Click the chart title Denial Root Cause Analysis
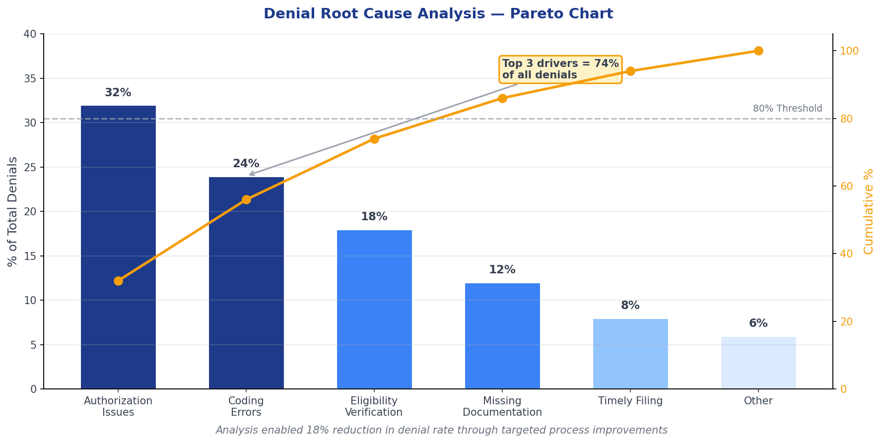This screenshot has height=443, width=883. tap(438, 14)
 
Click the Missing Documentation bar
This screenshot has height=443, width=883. tap(502, 337)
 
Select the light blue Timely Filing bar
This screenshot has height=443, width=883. tap(630, 354)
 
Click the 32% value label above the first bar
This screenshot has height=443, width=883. tap(118, 93)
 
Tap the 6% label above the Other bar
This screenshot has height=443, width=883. tap(758, 323)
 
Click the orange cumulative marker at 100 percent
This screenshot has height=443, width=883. tap(758, 51)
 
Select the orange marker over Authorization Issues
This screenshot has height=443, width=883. tap(118, 281)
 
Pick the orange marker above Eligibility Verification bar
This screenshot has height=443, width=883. tap(374, 139)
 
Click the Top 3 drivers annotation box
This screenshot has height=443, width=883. tap(560, 69)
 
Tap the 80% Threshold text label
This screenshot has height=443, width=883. tap(787, 109)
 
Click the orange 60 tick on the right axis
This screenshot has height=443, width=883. tap(846, 187)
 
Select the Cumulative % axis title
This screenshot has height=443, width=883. tap(869, 211)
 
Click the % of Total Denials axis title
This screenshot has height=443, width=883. tap(13, 211)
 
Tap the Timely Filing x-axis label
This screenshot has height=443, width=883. tap(630, 401)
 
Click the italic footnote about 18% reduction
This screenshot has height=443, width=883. tap(441, 430)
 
